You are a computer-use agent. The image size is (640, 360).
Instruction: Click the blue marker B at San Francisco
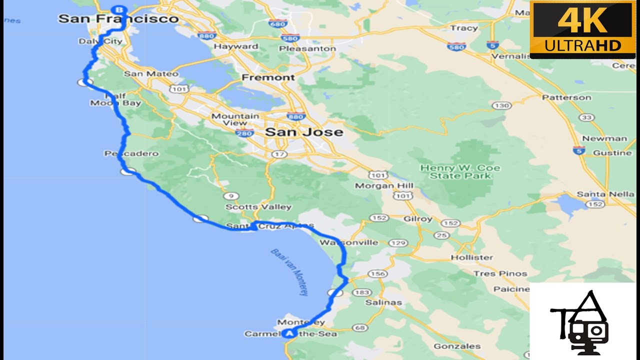(x=118, y=9)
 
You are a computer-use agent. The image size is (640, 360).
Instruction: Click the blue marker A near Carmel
(x=289, y=333)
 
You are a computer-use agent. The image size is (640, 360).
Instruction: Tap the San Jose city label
(x=304, y=132)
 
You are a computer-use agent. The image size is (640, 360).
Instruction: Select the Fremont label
(x=268, y=77)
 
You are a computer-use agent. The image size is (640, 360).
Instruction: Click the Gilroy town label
(x=417, y=219)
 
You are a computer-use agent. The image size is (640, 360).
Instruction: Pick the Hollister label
(x=471, y=257)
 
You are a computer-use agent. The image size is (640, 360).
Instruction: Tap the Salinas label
(x=383, y=302)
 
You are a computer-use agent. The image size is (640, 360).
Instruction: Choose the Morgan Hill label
(x=384, y=185)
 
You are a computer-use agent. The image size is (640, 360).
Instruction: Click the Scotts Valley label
(x=258, y=206)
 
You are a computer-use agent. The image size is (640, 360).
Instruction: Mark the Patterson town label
(x=566, y=97)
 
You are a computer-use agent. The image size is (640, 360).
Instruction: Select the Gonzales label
(x=457, y=346)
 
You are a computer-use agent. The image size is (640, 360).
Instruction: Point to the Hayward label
(x=236, y=46)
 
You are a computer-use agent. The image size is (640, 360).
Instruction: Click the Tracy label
(x=463, y=28)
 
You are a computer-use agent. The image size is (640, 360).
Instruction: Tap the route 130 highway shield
(x=501, y=105)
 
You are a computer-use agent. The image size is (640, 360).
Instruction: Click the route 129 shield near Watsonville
(x=398, y=243)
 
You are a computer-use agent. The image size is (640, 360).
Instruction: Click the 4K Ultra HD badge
(x=582, y=29)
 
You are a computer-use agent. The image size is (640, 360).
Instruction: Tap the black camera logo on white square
(x=582, y=320)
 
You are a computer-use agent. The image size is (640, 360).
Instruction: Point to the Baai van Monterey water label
(x=289, y=271)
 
